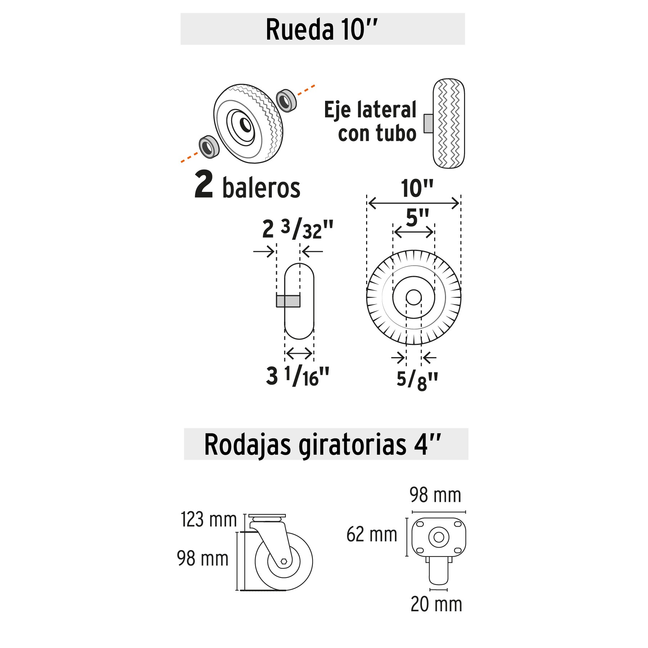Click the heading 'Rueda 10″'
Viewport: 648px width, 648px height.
click(322, 30)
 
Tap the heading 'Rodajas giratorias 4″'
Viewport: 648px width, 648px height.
click(323, 445)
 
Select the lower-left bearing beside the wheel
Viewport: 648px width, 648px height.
click(209, 146)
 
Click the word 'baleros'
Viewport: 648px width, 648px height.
click(261, 188)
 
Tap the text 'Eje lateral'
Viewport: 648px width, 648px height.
click(370, 109)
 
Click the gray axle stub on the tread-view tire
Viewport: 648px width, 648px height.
click(428, 123)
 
